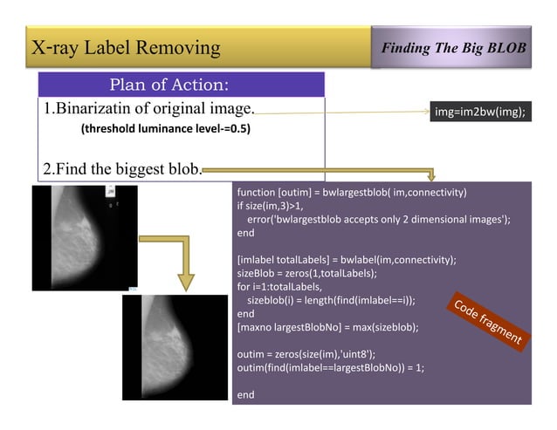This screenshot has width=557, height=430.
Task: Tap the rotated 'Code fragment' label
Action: [x=486, y=321]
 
